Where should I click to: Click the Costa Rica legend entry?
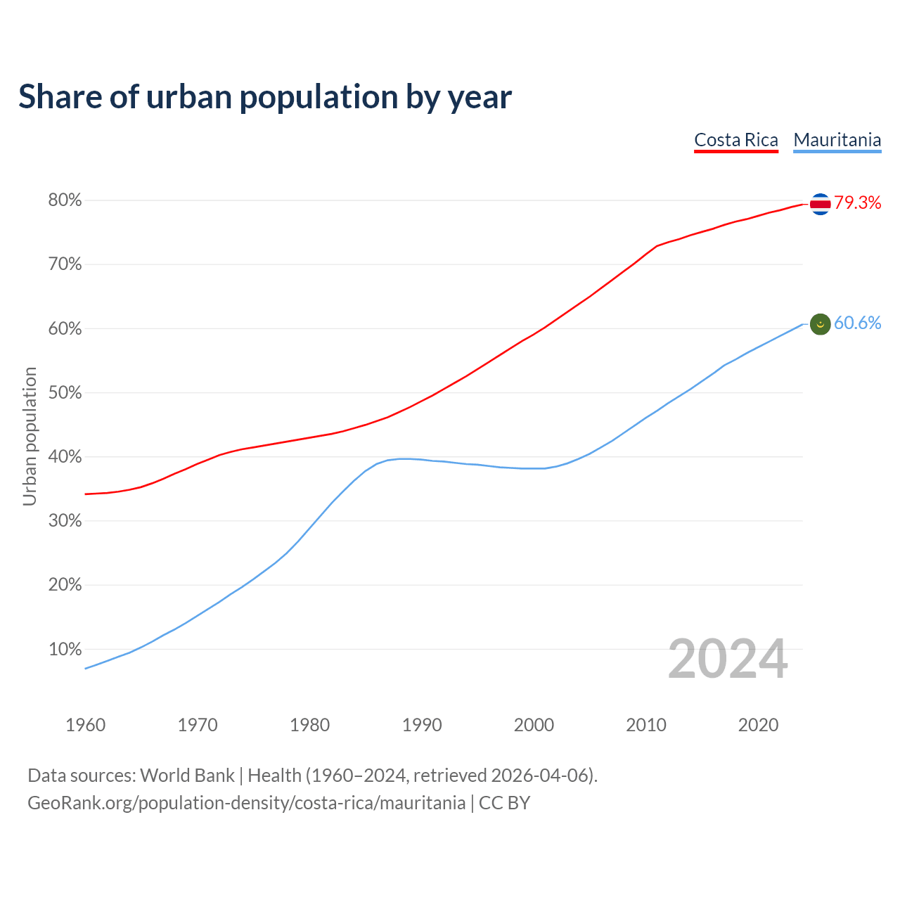(x=736, y=140)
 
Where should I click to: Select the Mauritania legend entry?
(x=837, y=140)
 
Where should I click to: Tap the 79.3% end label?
(x=858, y=203)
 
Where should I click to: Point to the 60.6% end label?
(x=858, y=323)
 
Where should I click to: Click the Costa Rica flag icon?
(x=821, y=204)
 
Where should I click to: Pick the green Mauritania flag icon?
(x=821, y=324)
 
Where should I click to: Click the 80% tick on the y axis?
(x=65, y=200)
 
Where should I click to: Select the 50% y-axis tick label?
(x=65, y=392)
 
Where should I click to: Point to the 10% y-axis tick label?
(x=65, y=649)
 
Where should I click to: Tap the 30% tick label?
(x=65, y=521)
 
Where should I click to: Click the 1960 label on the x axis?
(x=85, y=725)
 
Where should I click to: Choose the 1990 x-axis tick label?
(x=422, y=725)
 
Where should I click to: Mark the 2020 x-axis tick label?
(x=758, y=725)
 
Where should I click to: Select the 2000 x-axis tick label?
(x=534, y=725)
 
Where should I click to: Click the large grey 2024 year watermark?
(x=728, y=659)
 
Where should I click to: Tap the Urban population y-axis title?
(x=30, y=436)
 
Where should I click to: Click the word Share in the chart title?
(x=60, y=97)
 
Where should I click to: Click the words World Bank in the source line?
(x=187, y=776)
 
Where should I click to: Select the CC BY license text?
(x=504, y=803)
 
